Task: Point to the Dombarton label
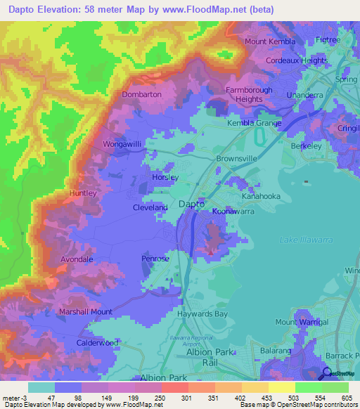141,94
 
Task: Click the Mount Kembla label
270,41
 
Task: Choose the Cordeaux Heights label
297,60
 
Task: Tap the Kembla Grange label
254,124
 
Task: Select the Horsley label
165,178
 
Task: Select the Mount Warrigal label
302,322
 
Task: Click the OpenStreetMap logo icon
327,373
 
